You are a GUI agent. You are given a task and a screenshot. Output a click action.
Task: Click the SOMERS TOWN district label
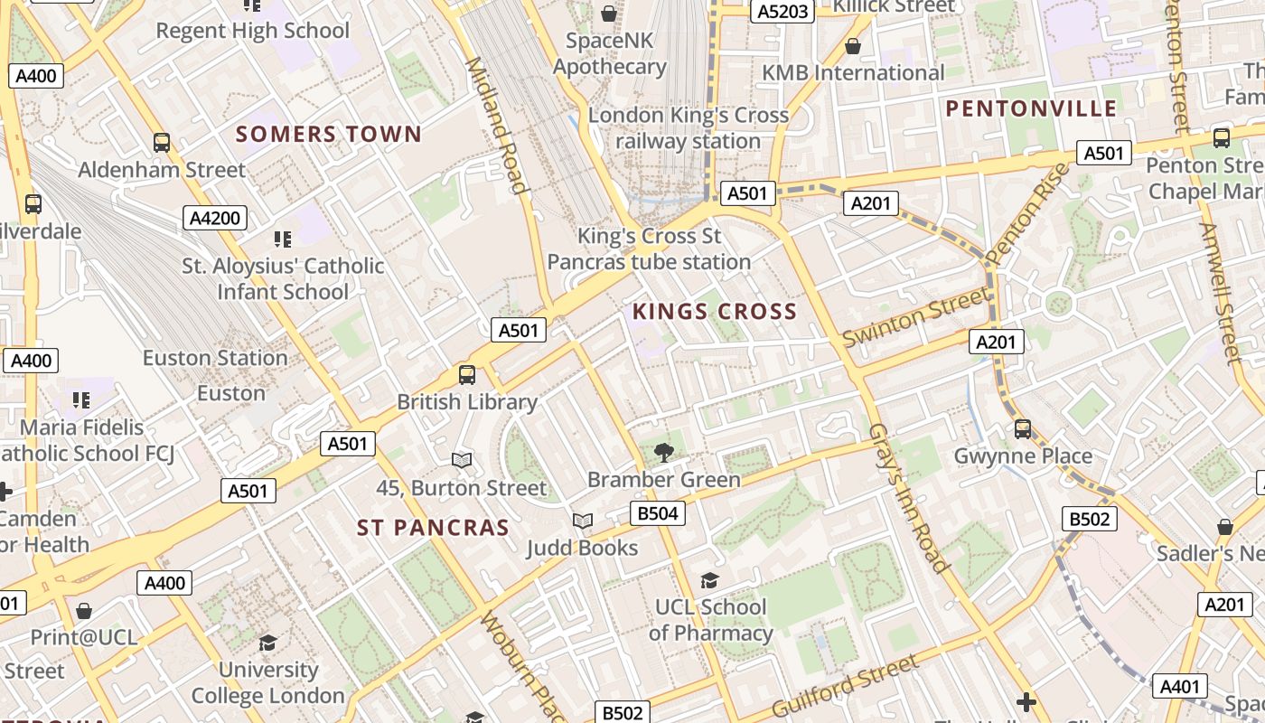[x=329, y=135]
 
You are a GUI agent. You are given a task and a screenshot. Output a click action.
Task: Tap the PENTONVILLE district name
[x=1031, y=109]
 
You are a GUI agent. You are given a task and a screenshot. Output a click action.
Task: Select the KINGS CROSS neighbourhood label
[x=714, y=313]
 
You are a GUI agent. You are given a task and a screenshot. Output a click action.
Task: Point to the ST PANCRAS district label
[x=433, y=528]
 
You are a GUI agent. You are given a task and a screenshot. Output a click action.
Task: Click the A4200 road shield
[x=214, y=218]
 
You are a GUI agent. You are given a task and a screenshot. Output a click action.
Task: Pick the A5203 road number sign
[x=782, y=11]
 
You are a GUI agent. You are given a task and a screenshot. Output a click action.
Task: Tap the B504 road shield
[x=657, y=514]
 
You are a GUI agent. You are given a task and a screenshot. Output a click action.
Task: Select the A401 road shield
[x=1179, y=686]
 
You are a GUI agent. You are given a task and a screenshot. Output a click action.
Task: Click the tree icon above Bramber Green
[x=663, y=452]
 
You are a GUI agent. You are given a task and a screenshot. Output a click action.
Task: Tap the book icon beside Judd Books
[x=583, y=521]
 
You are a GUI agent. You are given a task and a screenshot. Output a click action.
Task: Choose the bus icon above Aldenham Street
[x=162, y=142]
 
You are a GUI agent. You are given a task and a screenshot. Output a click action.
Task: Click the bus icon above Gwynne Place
[x=1023, y=428]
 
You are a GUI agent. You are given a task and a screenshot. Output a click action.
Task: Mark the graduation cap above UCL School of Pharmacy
[x=710, y=579]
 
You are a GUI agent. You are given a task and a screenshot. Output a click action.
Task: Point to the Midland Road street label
[x=495, y=126]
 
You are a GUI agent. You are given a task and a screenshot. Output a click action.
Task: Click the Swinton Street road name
[x=915, y=316]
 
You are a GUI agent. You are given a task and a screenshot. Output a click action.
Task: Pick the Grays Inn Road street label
[x=908, y=498]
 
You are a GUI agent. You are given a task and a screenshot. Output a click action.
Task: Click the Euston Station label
[x=215, y=358]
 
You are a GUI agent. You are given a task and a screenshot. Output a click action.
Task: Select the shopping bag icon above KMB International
[x=852, y=45]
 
